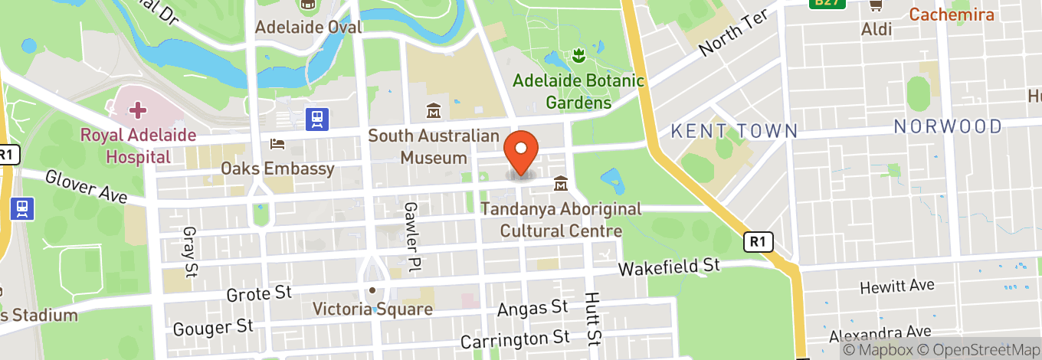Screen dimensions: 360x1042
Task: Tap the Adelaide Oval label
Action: click(x=308, y=27)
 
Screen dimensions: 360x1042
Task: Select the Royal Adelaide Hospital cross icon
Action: click(x=138, y=110)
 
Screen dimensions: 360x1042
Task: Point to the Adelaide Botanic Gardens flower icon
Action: click(x=578, y=55)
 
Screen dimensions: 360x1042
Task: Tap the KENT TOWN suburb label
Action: click(x=734, y=131)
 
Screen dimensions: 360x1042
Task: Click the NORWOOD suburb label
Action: click(x=948, y=126)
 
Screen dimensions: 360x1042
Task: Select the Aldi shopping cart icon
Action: click(x=875, y=5)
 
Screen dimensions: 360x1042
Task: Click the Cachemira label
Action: click(x=951, y=15)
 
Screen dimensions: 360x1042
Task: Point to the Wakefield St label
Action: click(x=670, y=267)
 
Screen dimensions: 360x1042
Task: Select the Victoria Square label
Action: click(x=372, y=309)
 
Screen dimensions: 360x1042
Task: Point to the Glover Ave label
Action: click(x=86, y=186)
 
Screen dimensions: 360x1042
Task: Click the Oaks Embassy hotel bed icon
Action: click(x=277, y=144)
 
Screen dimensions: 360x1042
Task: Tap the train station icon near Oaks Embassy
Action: click(x=316, y=119)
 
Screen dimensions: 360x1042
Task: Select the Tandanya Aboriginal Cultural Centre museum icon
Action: click(x=561, y=184)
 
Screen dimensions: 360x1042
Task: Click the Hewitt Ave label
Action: click(x=896, y=286)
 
